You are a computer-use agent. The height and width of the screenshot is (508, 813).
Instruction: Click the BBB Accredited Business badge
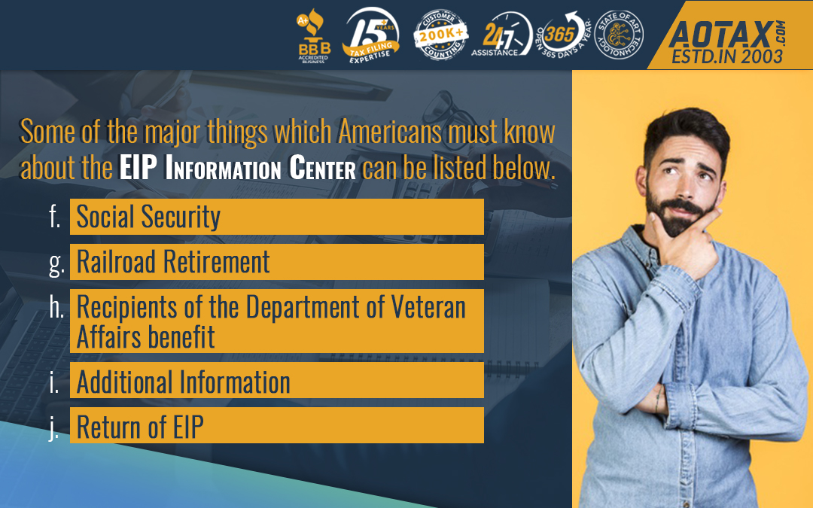pyautogui.click(x=313, y=35)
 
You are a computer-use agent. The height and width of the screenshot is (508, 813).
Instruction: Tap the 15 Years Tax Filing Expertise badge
pyautogui.click(x=371, y=35)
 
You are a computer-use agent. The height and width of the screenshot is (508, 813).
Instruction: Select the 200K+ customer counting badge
pyautogui.click(x=440, y=35)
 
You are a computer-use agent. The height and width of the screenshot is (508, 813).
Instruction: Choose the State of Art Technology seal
pyautogui.click(x=619, y=35)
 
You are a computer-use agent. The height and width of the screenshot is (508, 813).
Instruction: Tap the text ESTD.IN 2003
pyautogui.click(x=727, y=56)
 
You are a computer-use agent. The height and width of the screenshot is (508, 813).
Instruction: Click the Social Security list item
pyautogui.click(x=277, y=217)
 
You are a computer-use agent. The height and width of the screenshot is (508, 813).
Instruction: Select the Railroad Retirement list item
pyautogui.click(x=277, y=262)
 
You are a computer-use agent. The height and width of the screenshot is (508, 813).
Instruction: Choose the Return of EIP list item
pyautogui.click(x=277, y=425)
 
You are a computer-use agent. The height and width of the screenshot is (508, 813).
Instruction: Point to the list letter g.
pyautogui.click(x=56, y=263)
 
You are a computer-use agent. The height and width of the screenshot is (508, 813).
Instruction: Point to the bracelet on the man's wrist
pyautogui.click(x=657, y=397)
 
